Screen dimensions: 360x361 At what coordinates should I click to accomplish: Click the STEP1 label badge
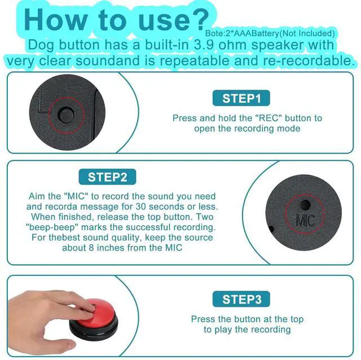tap(241, 99)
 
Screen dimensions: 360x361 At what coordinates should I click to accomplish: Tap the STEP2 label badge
tap(107, 177)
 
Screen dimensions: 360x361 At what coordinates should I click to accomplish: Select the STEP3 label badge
tap(241, 299)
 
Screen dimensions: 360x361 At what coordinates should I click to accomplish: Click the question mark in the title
tap(199, 19)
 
